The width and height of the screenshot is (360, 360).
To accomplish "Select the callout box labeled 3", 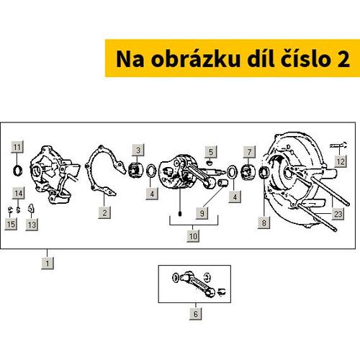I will tap(138, 149).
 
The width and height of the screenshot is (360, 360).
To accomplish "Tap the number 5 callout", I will tap(210, 152).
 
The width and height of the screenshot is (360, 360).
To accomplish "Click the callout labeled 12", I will tap(340, 163).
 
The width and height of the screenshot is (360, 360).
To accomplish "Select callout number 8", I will tap(264, 224).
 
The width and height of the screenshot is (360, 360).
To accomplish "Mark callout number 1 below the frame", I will tap(47, 264).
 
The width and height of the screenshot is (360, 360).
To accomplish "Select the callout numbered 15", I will tap(11, 225).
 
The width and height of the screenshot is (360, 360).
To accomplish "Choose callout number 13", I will tap(31, 225).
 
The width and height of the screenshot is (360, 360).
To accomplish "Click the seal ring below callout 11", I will tap(17, 171).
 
